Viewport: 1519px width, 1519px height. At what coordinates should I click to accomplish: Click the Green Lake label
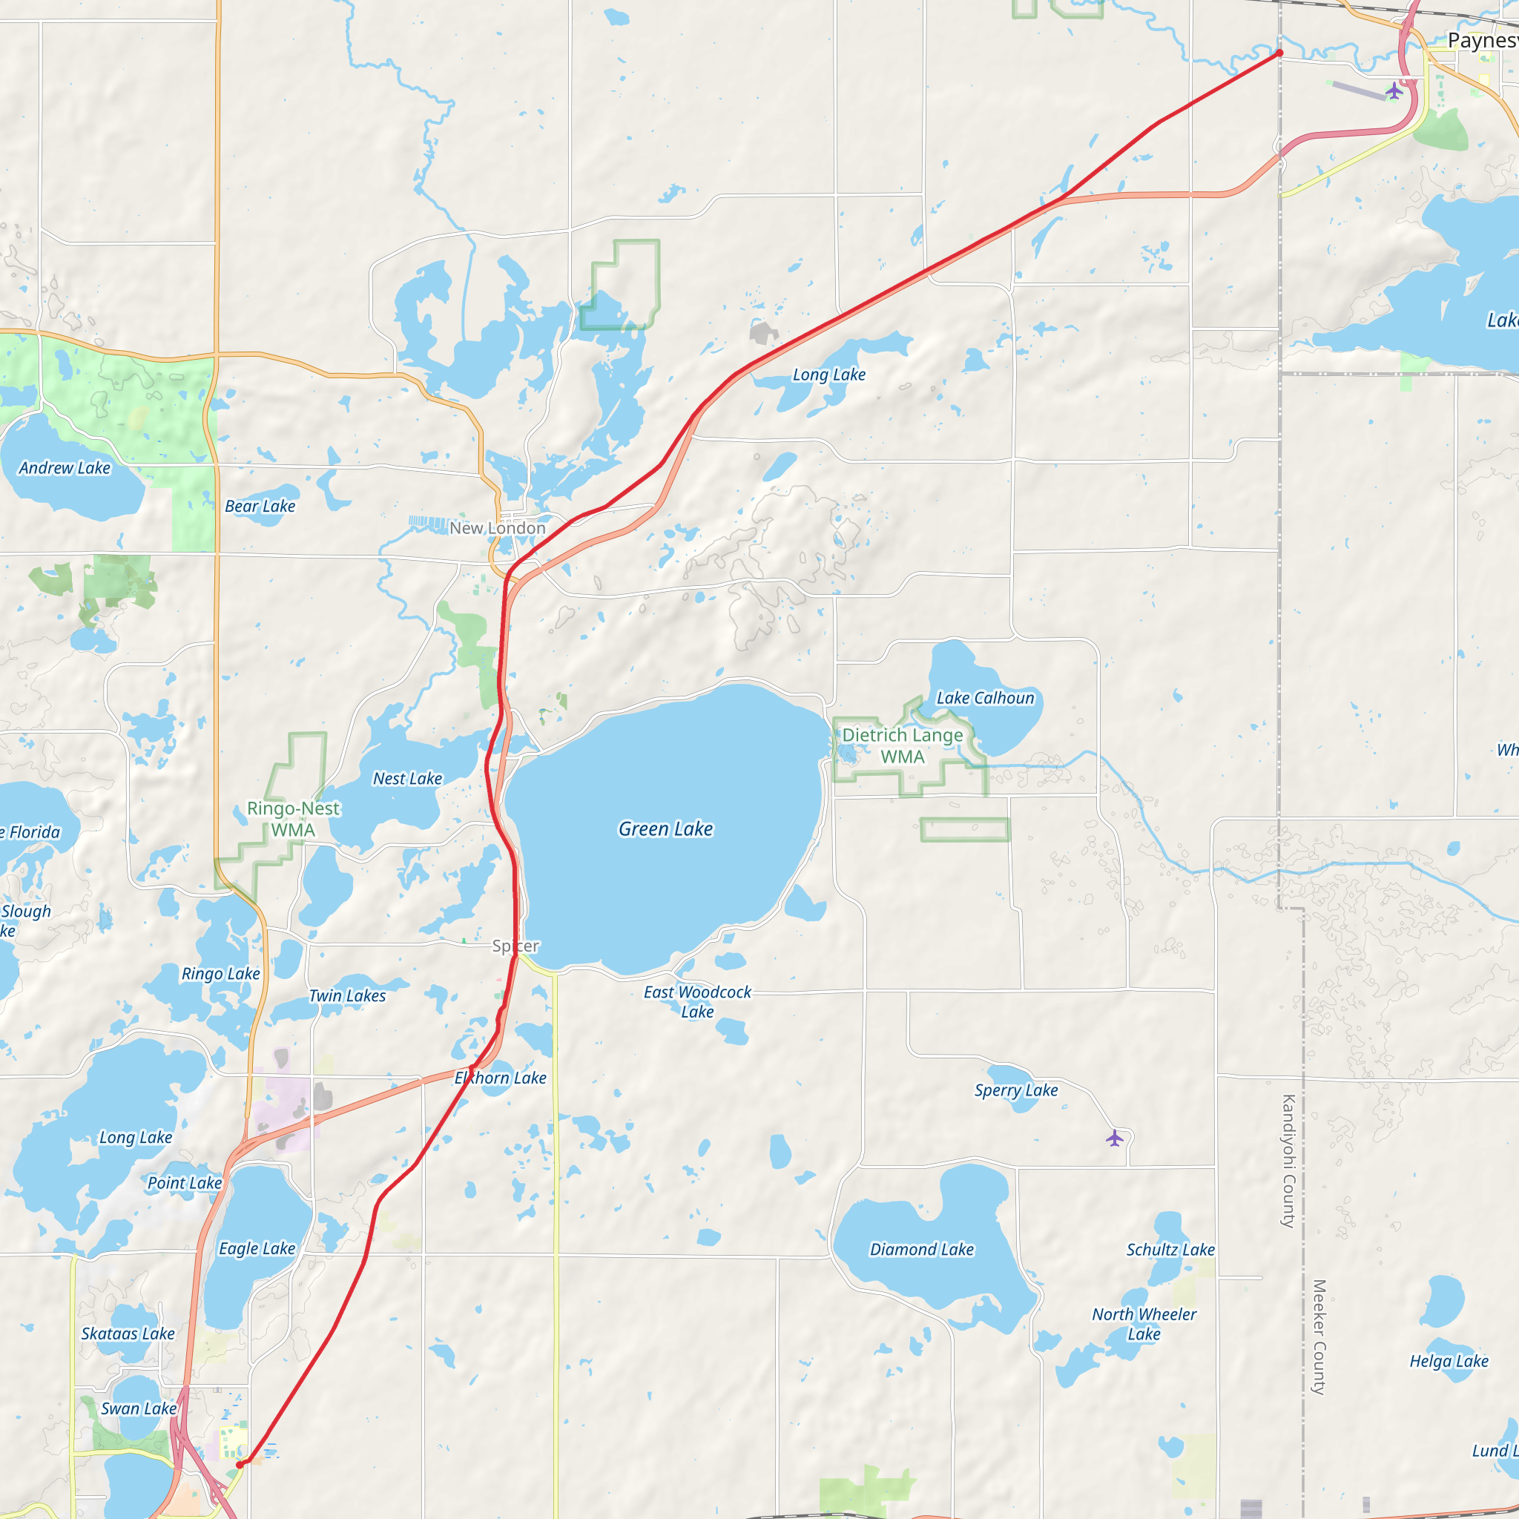click(665, 828)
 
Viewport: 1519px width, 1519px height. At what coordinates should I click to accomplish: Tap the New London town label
click(497, 528)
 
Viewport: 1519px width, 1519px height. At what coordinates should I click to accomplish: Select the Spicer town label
click(515, 946)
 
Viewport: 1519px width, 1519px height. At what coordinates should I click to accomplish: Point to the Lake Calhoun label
click(985, 697)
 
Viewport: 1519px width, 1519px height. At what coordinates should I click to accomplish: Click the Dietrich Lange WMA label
click(903, 745)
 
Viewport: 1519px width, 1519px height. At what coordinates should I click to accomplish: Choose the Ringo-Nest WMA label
click(293, 819)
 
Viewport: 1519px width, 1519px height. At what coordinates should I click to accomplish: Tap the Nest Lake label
click(407, 778)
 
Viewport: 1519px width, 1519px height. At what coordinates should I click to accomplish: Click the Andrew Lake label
click(65, 468)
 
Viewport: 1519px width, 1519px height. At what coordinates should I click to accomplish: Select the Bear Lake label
click(260, 507)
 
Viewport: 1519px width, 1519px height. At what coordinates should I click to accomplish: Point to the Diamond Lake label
click(921, 1249)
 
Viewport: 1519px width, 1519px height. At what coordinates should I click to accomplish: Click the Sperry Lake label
click(1016, 1090)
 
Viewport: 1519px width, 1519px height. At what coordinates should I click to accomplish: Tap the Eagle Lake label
click(257, 1248)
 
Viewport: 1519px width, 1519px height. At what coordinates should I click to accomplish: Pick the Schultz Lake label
click(1170, 1249)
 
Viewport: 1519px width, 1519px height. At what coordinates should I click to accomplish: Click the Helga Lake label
click(1449, 1361)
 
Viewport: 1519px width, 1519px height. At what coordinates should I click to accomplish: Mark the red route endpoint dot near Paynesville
click(1279, 53)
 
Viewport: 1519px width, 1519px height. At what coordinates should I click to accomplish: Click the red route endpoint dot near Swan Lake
click(240, 1465)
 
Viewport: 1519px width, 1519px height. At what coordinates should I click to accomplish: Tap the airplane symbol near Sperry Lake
click(1114, 1138)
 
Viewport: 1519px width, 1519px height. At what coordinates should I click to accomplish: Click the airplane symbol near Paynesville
click(1394, 90)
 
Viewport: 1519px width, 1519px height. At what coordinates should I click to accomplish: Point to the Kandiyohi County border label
click(1288, 1161)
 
